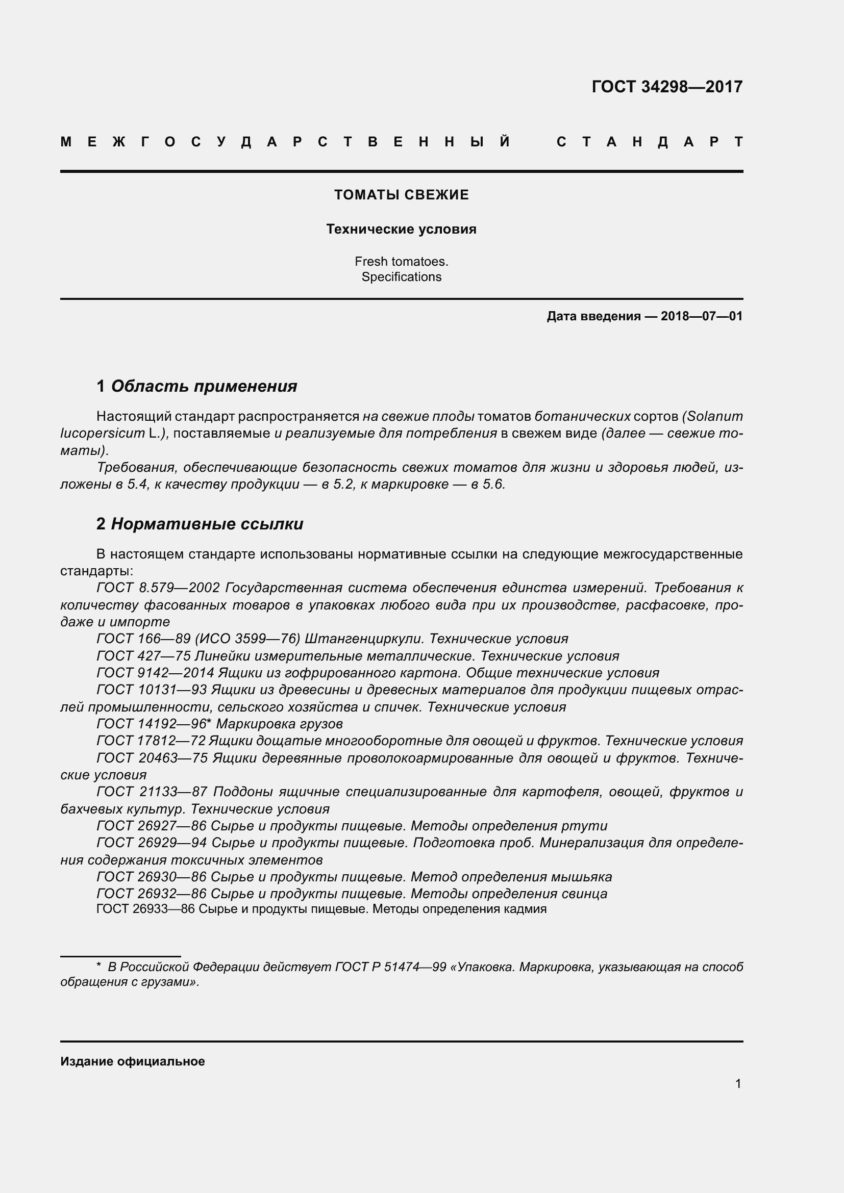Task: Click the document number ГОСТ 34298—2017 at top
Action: coord(667,87)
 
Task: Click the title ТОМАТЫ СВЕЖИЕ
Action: coord(401,195)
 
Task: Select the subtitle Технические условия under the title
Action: coord(401,229)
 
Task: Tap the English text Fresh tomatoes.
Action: coord(401,261)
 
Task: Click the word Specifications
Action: coord(401,277)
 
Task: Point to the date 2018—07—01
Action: coord(701,316)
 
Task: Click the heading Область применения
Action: coord(204,386)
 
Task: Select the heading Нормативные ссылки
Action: coord(207,524)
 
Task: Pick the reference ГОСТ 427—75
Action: coord(143,656)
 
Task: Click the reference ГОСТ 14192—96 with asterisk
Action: coord(153,724)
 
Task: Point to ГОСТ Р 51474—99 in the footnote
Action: coord(390,967)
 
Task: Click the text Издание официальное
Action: coord(133,1061)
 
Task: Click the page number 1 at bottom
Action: coord(738,1083)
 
